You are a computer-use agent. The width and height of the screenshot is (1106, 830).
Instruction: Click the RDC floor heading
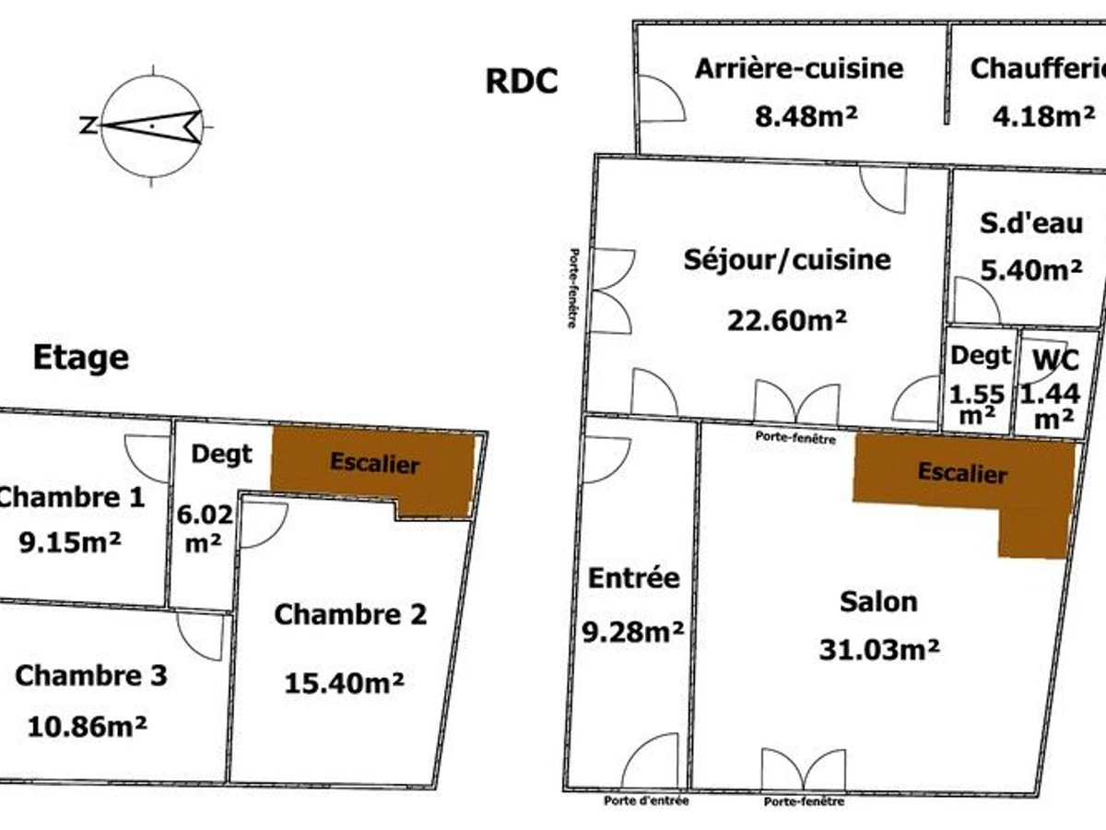tap(522, 80)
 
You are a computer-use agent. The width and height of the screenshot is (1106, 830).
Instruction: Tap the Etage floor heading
tap(81, 358)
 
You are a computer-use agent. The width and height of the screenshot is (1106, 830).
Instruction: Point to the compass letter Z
tap(88, 125)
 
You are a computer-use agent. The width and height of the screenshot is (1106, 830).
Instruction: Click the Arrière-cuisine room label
tap(799, 69)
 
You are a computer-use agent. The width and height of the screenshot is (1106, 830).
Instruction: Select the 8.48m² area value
tap(806, 116)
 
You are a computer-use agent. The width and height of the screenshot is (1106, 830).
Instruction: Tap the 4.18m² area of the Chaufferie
tap(1043, 116)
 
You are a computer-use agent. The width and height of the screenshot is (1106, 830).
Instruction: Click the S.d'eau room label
tap(1031, 223)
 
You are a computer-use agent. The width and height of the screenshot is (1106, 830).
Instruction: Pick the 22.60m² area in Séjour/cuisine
tap(786, 320)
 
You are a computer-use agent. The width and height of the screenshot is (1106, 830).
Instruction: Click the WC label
tap(1056, 360)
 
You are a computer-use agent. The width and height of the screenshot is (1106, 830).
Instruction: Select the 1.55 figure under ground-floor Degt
tap(977, 395)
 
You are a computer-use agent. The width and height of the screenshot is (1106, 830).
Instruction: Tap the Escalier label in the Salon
tap(962, 473)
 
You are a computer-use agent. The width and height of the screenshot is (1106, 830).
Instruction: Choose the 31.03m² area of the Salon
tap(878, 649)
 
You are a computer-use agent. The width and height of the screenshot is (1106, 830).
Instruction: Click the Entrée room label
tap(634, 578)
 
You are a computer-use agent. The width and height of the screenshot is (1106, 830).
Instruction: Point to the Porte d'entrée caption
tap(646, 800)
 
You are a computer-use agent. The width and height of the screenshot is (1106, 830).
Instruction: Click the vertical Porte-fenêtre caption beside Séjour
tap(573, 289)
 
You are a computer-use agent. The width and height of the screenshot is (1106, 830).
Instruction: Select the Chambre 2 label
tap(350, 614)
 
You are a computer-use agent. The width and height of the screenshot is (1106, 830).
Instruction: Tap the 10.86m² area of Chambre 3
tap(88, 727)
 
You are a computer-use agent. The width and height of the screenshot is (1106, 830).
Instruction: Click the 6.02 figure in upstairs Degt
tap(205, 515)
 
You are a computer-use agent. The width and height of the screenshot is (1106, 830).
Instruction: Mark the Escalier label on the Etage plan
tap(374, 463)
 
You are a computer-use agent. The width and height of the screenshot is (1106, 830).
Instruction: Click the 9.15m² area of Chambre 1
tap(70, 543)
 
